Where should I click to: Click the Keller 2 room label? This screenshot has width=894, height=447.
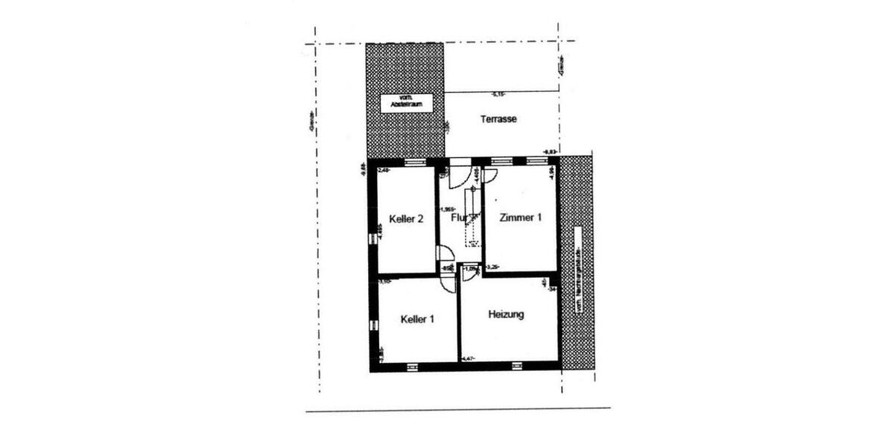pos(407,219)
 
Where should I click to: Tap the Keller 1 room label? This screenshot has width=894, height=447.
pos(417,319)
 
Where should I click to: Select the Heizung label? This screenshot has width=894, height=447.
pos(506,314)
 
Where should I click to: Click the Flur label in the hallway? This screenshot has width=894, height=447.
pos(458,218)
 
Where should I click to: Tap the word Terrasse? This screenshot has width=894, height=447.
pos(499,119)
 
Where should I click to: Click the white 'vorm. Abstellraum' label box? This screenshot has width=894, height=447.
pos(406,103)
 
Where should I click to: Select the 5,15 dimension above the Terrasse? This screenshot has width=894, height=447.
pos(498,94)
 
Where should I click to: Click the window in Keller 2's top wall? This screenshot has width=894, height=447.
pos(415,161)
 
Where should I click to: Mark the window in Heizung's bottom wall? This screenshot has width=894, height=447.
pos(517,365)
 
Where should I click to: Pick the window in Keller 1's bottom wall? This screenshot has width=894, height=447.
pos(411,365)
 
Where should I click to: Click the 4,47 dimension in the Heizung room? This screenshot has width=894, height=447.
pos(469,360)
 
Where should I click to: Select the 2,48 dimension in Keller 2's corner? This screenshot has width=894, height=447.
pos(384,171)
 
